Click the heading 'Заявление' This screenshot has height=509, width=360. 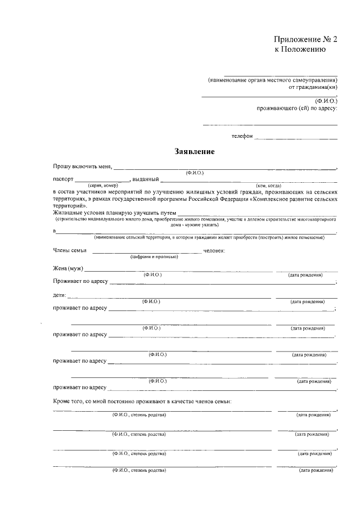[194, 152]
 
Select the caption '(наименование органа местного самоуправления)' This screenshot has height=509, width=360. [272, 80]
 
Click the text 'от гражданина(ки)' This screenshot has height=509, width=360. [313, 88]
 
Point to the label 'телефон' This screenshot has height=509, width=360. [242, 136]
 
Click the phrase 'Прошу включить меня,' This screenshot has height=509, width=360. [83, 166]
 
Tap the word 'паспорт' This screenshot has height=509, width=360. [64, 179]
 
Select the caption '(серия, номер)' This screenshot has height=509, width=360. [102, 185]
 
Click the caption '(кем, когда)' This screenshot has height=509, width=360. [268, 185]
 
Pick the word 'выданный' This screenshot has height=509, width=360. [145, 179]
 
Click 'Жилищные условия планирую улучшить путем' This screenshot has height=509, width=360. [114, 213]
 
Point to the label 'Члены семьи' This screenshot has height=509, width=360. [70, 250]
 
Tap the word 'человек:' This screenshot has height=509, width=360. [214, 250]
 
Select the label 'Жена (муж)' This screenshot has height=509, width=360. [68, 268]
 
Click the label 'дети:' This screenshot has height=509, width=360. [60, 295]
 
